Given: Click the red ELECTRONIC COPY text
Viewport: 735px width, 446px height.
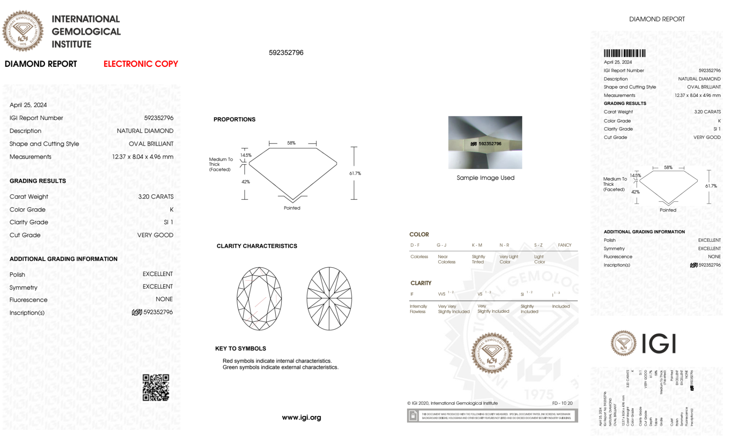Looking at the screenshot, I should [x=141, y=64].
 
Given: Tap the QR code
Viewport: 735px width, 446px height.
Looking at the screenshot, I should [x=156, y=388].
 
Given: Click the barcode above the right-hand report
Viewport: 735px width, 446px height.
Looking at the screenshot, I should [x=624, y=53].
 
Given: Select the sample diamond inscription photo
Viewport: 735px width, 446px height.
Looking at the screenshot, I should [x=485, y=142].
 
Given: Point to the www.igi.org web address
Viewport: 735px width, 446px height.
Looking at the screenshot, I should [x=301, y=417].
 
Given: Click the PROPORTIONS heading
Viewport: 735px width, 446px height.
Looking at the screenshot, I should [x=234, y=119].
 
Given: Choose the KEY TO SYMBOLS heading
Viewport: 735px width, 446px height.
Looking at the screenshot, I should [x=241, y=348].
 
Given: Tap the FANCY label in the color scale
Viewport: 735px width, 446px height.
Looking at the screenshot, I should [x=565, y=245].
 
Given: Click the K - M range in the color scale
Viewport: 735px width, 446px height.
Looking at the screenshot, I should [x=477, y=245].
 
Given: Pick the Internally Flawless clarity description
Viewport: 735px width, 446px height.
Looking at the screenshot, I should [x=418, y=309].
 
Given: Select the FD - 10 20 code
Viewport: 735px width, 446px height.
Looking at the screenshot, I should [x=562, y=403].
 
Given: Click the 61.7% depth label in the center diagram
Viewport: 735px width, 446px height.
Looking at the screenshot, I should [x=355, y=173].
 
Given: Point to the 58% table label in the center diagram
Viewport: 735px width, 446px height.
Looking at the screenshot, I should [x=291, y=143].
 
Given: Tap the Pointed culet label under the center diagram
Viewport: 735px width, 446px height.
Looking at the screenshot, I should [x=292, y=208].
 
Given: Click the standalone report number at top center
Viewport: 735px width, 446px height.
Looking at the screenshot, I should [x=286, y=52].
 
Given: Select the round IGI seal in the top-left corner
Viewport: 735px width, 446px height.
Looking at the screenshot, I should [x=23, y=31].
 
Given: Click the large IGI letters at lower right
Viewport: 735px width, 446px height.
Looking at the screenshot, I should [x=659, y=344].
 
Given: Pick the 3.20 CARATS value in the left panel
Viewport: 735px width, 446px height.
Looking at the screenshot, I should [x=156, y=196].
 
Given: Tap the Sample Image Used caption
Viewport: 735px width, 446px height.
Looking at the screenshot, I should [x=485, y=178].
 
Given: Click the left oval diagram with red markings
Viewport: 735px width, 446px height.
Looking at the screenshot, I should [x=259, y=298].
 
